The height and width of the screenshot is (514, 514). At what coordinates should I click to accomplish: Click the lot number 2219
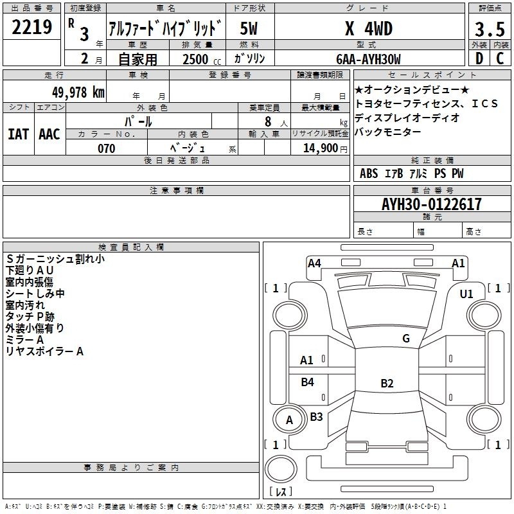click(x=31, y=26)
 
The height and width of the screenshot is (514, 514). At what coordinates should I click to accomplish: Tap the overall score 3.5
click(x=490, y=29)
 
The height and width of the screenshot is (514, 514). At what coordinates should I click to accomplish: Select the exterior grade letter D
click(x=479, y=58)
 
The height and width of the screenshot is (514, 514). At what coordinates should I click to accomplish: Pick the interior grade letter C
click(x=500, y=58)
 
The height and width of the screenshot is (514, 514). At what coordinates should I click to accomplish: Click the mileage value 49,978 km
click(x=78, y=93)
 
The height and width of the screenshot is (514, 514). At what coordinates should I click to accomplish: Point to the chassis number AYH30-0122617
click(x=432, y=204)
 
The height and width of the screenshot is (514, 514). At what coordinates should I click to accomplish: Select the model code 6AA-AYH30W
click(x=368, y=59)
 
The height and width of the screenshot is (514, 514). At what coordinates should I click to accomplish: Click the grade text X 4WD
click(x=369, y=28)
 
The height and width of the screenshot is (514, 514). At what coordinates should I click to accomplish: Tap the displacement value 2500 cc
click(x=202, y=60)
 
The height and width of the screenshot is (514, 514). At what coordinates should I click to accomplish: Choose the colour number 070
click(x=107, y=148)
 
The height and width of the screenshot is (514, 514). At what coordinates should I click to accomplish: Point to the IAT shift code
click(x=19, y=134)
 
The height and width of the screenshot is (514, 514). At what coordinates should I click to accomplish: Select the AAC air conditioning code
click(x=49, y=134)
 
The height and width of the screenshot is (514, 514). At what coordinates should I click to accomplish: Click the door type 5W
click(x=249, y=28)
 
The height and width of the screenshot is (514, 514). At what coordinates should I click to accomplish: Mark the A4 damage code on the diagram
click(x=314, y=263)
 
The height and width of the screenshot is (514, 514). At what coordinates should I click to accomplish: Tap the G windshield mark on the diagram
click(x=406, y=339)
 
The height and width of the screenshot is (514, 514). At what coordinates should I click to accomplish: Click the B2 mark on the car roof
click(x=387, y=383)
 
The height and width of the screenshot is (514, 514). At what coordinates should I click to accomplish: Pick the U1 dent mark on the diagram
click(x=466, y=294)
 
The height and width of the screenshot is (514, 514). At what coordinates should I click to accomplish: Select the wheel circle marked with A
click(x=289, y=420)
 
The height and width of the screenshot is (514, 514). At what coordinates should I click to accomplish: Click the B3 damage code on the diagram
click(x=316, y=416)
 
